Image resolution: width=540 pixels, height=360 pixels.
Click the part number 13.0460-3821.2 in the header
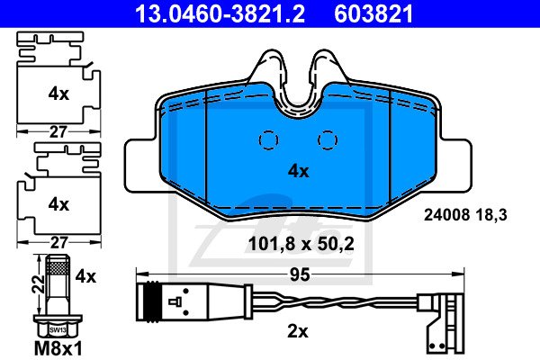tap(220, 13)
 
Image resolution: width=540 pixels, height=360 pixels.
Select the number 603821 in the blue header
tap(373, 13)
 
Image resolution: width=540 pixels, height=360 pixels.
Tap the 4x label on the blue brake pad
tap(299, 171)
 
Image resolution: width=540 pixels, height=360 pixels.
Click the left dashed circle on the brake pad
tap(268, 140)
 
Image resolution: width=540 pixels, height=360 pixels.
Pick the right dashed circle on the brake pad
tap(328, 140)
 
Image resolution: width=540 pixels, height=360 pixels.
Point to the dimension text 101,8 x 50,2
tap(301, 244)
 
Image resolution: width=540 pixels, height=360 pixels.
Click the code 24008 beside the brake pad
tap(446, 215)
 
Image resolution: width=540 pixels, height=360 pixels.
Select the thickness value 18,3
tap(491, 215)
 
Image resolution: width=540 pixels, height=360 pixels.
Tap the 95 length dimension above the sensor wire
tap(300, 274)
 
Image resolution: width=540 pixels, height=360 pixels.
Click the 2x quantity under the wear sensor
tap(298, 332)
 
